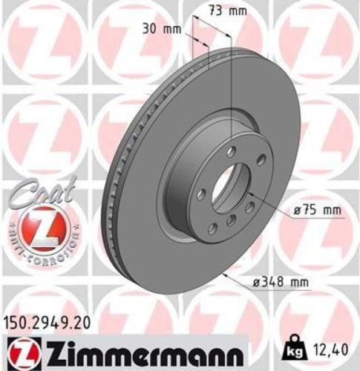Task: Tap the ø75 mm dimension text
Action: coord(317,210)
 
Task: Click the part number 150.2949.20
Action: coord(49,323)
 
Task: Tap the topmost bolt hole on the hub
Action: coord(232,151)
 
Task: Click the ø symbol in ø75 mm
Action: coord(296,210)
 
